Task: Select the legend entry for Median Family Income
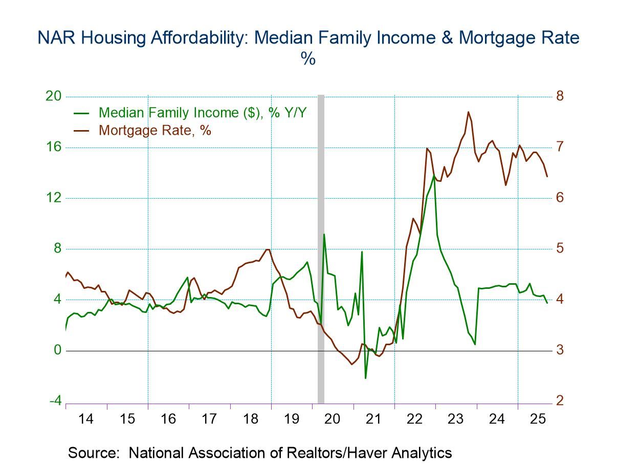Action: coord(202,113)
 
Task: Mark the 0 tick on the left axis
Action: coord(57,350)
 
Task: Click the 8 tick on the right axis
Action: coord(560,96)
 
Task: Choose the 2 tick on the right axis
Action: coord(560,400)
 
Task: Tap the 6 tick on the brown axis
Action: coord(560,198)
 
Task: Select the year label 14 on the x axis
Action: coord(86,419)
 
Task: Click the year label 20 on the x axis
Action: coord(333,419)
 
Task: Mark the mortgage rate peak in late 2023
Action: coord(468,112)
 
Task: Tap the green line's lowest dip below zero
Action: coord(366,378)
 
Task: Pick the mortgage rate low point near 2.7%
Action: coord(351,364)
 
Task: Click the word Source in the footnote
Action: coord(95,453)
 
